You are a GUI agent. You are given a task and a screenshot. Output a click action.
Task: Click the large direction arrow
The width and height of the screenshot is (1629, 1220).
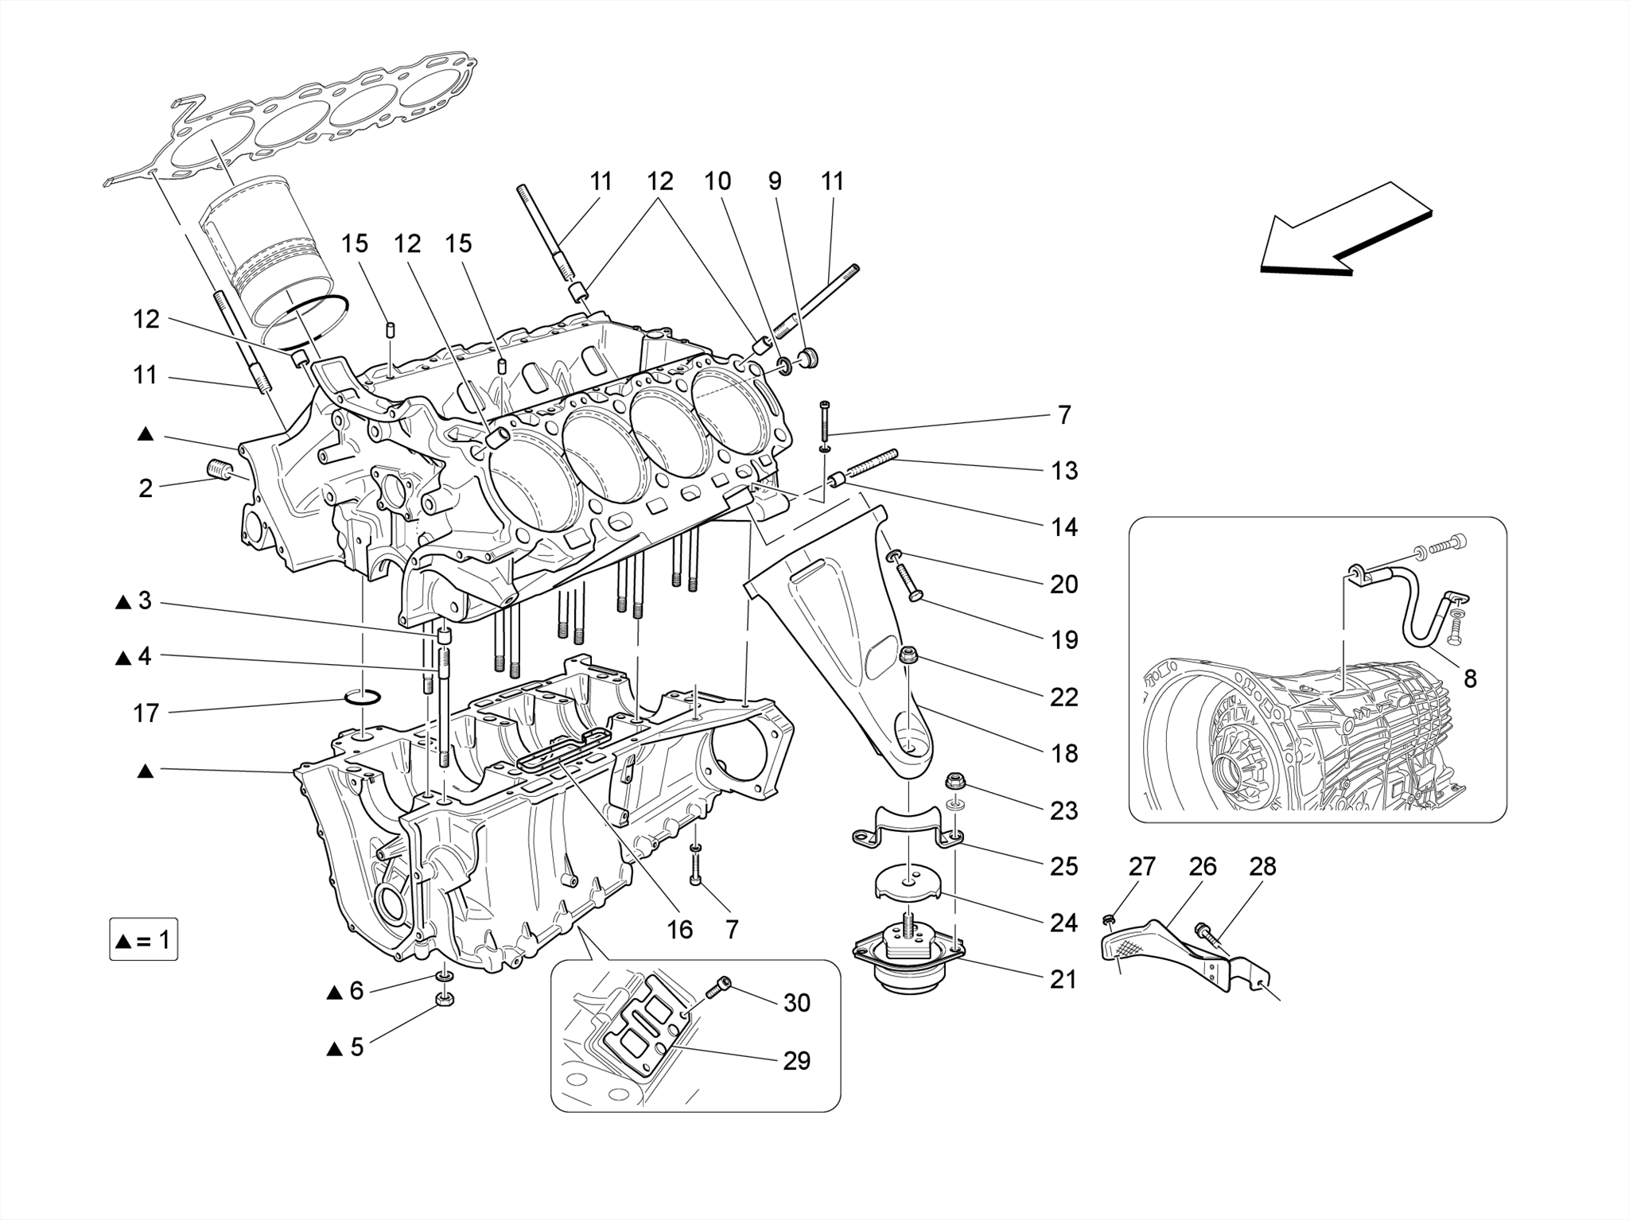1344,235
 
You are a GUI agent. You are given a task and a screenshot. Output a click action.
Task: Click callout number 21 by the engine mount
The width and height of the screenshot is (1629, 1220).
1063,979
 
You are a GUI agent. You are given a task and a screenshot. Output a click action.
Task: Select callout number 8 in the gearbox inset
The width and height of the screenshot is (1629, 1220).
1470,678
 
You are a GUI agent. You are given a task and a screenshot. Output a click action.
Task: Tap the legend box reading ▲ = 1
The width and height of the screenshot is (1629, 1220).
143,940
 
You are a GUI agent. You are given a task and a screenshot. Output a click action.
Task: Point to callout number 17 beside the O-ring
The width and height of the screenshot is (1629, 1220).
146,713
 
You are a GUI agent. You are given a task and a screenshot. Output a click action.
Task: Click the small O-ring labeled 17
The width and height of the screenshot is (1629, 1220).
362,698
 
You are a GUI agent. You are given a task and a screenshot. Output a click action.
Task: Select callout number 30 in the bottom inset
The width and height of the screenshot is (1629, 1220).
796,1003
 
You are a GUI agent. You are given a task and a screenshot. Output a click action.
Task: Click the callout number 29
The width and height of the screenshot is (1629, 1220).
796,1060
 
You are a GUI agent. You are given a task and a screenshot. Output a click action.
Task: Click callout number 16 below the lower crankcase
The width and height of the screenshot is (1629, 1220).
679,929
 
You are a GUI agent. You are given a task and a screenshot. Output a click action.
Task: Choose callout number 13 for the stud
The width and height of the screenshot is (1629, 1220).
1063,470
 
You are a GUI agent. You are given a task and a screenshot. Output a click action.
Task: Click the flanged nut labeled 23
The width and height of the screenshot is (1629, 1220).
956,781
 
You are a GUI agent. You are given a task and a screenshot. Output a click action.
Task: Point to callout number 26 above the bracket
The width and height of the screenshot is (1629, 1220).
1202,866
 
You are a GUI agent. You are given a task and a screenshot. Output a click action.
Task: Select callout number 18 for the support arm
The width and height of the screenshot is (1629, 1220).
1063,752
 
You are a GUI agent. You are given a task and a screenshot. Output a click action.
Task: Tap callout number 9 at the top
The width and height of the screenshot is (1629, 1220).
774,181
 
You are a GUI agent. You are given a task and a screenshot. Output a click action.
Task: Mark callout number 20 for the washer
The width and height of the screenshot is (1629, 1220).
1063,584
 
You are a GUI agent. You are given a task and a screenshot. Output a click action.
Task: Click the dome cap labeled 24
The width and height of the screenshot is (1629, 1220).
908,883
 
